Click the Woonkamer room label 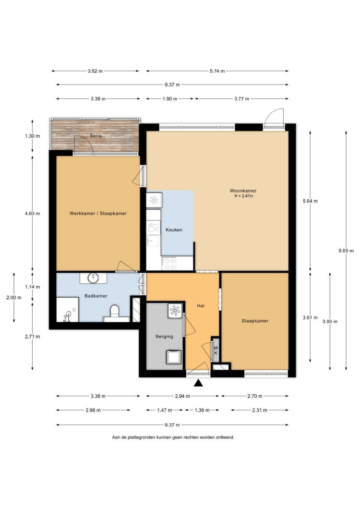pos(243,191)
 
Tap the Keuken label pos(174,230)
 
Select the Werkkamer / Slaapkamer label pos(98,213)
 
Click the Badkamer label pos(96,296)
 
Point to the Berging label pos(164,336)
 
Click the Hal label pos(201,305)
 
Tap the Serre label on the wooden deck pos(96,136)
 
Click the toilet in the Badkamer pos(115,312)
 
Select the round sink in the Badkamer pos(94,278)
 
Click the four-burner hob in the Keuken pos(169,263)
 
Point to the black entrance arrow pos(198,383)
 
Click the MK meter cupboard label pos(216,350)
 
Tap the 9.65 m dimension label pos(346,251)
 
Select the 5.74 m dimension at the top pos(217,71)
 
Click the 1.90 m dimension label pos(170,99)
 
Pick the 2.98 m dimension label pos(93,410)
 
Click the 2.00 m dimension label pos(14,297)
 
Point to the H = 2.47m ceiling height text pos(243,196)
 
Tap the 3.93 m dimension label pos(330,321)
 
